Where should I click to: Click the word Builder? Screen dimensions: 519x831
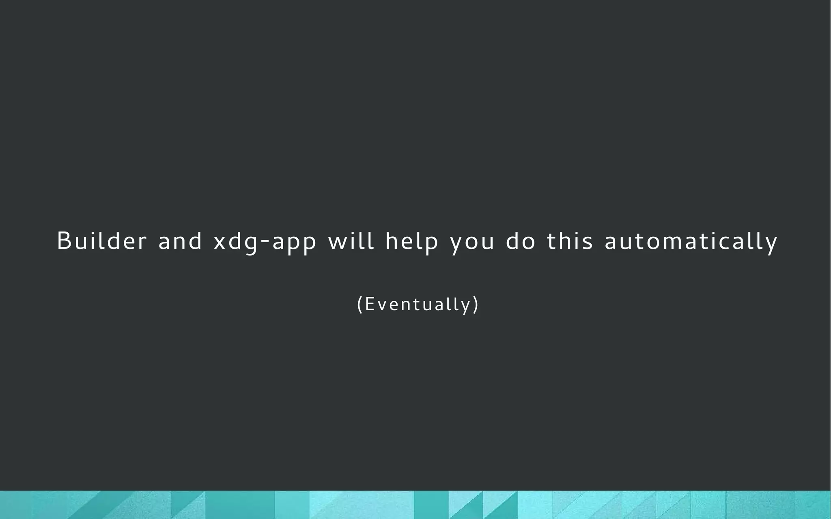point(101,241)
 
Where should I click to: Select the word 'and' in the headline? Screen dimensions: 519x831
point(180,241)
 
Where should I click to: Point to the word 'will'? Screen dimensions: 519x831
point(351,241)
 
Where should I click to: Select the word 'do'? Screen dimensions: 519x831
point(521,241)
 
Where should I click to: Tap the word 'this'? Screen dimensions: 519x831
point(570,241)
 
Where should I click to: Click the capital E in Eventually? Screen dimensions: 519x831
point(369,304)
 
